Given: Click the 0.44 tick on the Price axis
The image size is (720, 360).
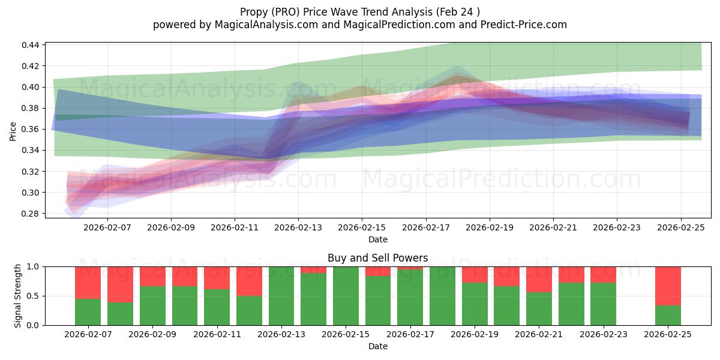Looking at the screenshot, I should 31,45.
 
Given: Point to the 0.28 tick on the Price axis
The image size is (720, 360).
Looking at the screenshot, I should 31,214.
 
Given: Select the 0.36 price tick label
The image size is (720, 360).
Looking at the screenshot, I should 31,129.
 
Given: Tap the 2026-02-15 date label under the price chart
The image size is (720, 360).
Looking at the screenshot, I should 362,228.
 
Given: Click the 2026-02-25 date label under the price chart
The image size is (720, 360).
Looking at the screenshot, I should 680,228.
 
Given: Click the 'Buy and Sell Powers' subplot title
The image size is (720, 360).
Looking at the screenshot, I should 377,258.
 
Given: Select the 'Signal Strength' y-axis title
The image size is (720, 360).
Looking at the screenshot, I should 18,296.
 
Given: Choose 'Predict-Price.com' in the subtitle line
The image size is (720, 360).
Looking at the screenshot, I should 525,25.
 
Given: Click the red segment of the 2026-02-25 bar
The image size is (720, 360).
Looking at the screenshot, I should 668,286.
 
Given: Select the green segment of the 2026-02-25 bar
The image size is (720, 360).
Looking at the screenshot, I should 668,315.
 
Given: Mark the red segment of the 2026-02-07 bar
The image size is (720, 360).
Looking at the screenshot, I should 88,282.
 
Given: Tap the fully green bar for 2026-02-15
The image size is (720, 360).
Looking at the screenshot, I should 346,296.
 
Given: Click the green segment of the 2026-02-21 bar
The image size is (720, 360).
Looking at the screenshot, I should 539,308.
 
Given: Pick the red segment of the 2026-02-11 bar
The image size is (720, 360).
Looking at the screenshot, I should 217,278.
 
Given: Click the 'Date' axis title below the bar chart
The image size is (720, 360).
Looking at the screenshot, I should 377,346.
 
